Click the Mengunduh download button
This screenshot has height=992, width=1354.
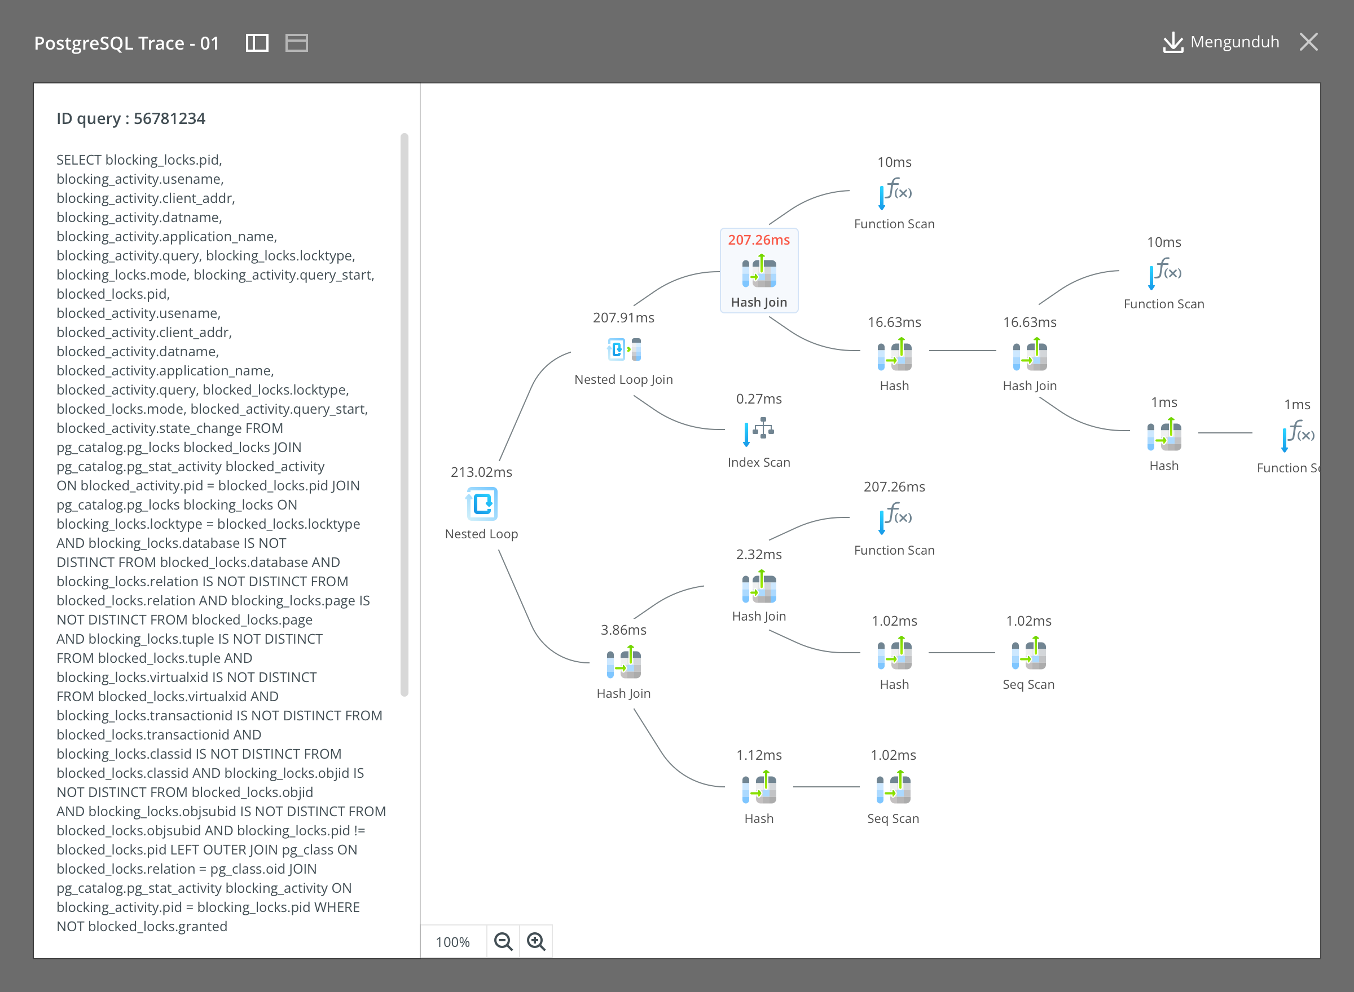1221,42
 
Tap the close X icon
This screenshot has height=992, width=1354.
1308,42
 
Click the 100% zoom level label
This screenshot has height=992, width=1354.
452,942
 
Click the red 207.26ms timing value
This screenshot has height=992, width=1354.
759,240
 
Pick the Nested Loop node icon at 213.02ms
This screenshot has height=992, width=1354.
481,503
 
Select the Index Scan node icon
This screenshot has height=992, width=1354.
758,431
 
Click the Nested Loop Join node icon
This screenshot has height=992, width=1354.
624,349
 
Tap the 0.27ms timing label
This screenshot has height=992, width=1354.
759,398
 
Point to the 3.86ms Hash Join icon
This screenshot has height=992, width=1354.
624,662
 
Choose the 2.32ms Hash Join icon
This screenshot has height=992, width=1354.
759,586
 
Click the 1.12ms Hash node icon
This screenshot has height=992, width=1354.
759,787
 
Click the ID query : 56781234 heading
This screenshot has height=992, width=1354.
131,118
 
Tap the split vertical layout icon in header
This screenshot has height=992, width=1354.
257,43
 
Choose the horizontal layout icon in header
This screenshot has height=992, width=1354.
296,43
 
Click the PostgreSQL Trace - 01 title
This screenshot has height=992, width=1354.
127,43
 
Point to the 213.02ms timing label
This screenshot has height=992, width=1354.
481,472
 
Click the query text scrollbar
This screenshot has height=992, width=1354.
405,414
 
